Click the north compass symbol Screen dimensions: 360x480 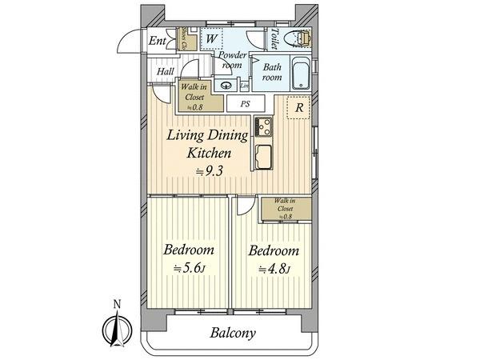point(116,326)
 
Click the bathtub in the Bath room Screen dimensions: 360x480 point(301,74)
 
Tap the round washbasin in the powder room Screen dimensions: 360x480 point(227,86)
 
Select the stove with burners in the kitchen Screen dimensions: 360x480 point(264,126)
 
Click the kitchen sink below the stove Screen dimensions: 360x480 point(263,155)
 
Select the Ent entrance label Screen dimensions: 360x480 point(157,41)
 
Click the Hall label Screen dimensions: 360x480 point(166,71)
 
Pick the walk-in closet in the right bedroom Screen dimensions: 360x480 point(285,208)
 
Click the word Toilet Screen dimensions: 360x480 point(274,39)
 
